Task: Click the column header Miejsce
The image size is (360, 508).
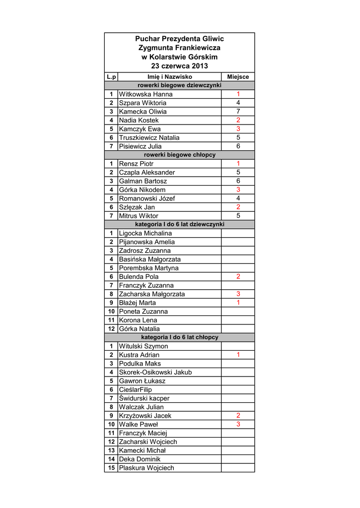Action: click(238, 77)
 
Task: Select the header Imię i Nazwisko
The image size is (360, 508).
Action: click(169, 77)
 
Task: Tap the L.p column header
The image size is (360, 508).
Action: click(111, 77)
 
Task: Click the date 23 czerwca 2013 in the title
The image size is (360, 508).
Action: click(179, 66)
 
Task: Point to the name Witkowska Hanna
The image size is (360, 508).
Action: click(146, 94)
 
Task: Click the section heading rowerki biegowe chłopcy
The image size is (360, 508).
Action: click(179, 155)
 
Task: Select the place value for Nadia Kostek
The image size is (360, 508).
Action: click(238, 120)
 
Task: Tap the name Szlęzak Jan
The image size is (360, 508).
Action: click(137, 207)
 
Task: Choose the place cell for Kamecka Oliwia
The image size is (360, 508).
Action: click(238, 112)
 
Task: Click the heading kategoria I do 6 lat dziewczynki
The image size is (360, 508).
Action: click(179, 224)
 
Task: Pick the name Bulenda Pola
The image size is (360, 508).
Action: click(139, 276)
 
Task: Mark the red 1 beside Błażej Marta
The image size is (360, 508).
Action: click(238, 303)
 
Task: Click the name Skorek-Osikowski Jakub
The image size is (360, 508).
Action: click(155, 372)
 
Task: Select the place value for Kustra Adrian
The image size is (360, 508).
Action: click(238, 355)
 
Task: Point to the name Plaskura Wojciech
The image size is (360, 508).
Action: click(146, 468)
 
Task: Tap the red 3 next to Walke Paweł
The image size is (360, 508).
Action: click(238, 424)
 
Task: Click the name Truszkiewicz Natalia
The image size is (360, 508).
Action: click(149, 137)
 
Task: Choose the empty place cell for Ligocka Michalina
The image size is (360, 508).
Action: click(238, 233)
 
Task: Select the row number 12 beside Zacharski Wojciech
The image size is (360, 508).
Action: click(111, 442)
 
